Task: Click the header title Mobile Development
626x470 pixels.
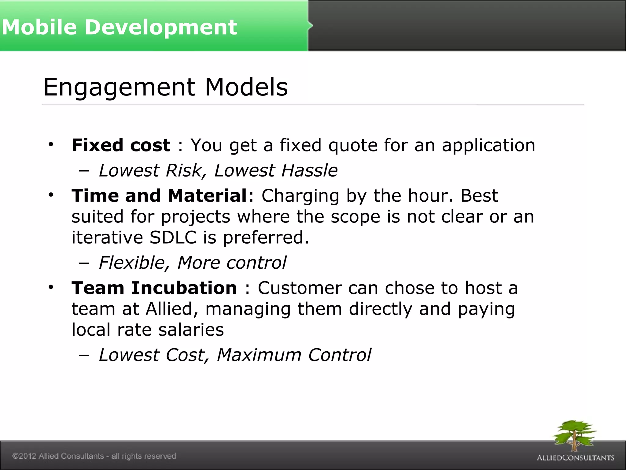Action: [x=119, y=27]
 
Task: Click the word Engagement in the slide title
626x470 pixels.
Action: [x=120, y=88]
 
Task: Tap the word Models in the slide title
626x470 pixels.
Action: [x=246, y=87]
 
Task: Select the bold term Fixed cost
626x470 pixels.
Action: [x=121, y=145]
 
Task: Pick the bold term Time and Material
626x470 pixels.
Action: [x=159, y=196]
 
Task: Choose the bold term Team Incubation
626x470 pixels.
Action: [x=154, y=288]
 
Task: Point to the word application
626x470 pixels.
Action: [x=488, y=146]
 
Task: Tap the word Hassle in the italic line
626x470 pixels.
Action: [x=309, y=170]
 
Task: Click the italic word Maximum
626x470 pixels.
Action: [x=259, y=355]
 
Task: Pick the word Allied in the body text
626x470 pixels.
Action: [x=169, y=309]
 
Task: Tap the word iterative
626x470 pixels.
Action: [x=107, y=237]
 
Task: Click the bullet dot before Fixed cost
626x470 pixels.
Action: [x=51, y=144]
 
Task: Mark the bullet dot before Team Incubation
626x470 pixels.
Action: [x=51, y=287]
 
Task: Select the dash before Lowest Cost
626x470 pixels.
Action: [x=83, y=355]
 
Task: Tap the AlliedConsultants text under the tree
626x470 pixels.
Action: [x=576, y=458]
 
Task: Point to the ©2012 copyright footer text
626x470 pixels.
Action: [x=94, y=456]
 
